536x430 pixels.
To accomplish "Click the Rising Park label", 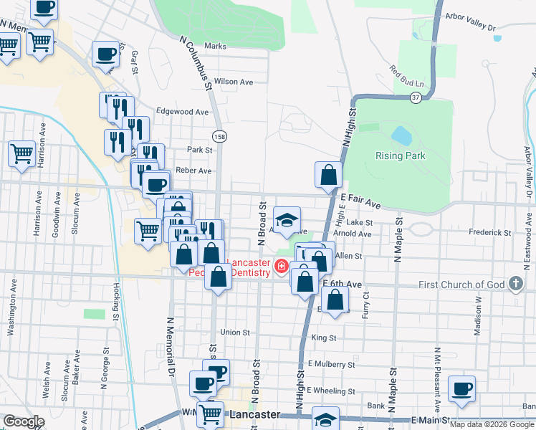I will click(x=401, y=156).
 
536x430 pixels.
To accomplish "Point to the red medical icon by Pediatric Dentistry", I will click(x=282, y=267).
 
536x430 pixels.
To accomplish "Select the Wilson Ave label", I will click(x=234, y=82).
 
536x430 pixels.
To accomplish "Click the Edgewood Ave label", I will click(x=182, y=112).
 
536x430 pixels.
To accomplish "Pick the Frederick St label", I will click(x=490, y=233).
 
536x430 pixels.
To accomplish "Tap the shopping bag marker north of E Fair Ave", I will click(x=328, y=175).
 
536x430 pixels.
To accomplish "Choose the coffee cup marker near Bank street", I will click(x=461, y=389).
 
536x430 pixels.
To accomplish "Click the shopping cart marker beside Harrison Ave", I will click(x=21, y=153).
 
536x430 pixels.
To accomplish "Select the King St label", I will click(x=324, y=337).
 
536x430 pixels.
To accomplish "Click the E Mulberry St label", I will click(x=332, y=364).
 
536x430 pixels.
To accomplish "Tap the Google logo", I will click(x=24, y=421).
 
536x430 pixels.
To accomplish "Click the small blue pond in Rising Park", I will click(x=401, y=135).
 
